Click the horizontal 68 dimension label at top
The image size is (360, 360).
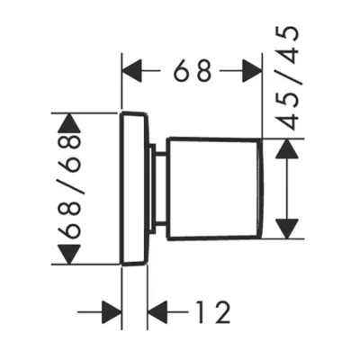click(193, 71)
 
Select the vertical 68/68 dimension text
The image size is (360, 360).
click(71, 186)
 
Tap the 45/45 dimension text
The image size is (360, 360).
click(287, 78)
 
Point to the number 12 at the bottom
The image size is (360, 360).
click(214, 312)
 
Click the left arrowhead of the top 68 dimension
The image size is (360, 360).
click(132, 71)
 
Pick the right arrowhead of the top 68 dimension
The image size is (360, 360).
click(252, 71)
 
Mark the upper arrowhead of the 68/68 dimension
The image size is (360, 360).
click(69, 123)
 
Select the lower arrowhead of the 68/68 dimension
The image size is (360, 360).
click(69, 255)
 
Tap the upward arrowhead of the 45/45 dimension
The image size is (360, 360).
click(287, 148)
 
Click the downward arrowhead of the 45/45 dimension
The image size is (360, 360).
click(287, 229)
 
